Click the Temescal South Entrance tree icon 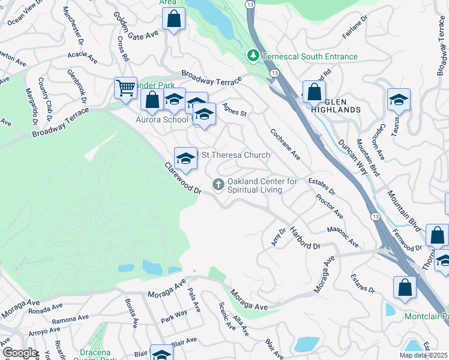(x=254, y=56)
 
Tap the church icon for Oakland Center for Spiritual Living (x=218, y=185)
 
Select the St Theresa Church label (x=235, y=155)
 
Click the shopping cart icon (x=125, y=88)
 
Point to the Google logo (x=20, y=353)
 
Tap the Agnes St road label (x=235, y=110)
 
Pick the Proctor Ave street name (x=329, y=206)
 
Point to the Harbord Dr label (x=305, y=238)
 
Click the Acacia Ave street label (x=83, y=57)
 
